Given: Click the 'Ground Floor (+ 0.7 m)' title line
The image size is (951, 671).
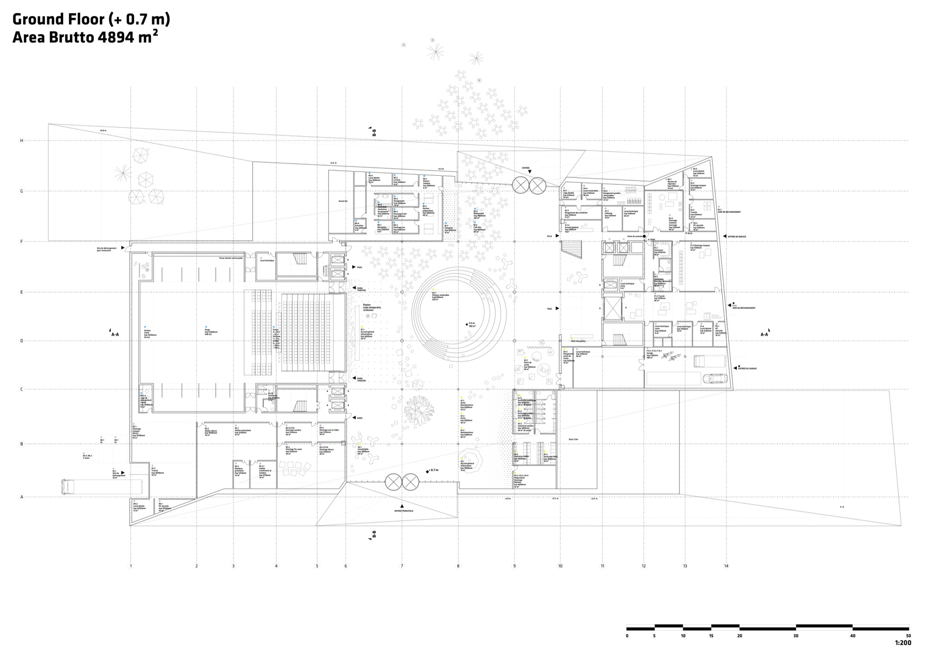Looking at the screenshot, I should pyautogui.click(x=91, y=19).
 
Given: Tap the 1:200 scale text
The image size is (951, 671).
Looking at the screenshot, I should pyautogui.click(x=902, y=643).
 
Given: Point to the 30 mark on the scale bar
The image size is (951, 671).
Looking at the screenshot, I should pyautogui.click(x=796, y=636).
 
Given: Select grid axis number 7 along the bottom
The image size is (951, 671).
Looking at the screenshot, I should pyautogui.click(x=402, y=566).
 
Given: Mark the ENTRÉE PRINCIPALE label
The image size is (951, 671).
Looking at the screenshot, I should pyautogui.click(x=404, y=511).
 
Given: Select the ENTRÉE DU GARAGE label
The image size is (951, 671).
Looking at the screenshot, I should pyautogui.click(x=747, y=368).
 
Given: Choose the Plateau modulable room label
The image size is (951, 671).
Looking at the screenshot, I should pyautogui.click(x=440, y=296).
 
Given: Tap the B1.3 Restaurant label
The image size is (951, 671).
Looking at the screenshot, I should pyautogui.click(x=478, y=212).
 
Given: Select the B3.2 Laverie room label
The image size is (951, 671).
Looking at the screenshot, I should pyautogui.click(x=399, y=179).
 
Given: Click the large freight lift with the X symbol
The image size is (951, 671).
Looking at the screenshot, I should pyautogui.click(x=612, y=308).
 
